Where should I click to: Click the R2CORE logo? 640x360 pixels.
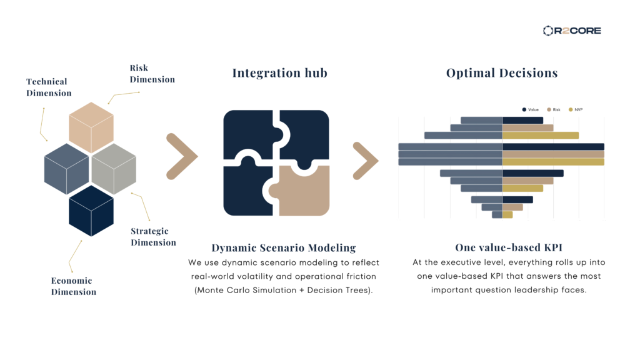point(572,31)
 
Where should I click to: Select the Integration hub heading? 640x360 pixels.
point(279,72)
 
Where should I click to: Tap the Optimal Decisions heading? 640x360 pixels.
point(502,72)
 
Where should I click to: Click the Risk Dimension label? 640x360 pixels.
point(152,74)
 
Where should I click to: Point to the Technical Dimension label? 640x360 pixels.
point(49,87)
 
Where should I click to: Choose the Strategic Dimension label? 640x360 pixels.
point(154,237)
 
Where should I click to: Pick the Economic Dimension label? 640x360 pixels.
point(74,286)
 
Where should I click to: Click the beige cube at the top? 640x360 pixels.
point(91,127)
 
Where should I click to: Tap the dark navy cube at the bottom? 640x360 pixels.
point(91,211)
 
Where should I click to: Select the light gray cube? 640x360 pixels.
point(114,169)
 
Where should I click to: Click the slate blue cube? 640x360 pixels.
point(66,169)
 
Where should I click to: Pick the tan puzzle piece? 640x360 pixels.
point(299,190)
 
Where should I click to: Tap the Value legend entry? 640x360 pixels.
point(530,109)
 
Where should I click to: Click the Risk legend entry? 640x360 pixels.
point(554,109)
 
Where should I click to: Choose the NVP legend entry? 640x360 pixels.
point(576,109)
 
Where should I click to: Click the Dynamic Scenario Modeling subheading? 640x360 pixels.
point(284,247)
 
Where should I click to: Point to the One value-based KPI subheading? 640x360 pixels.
point(509,247)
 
